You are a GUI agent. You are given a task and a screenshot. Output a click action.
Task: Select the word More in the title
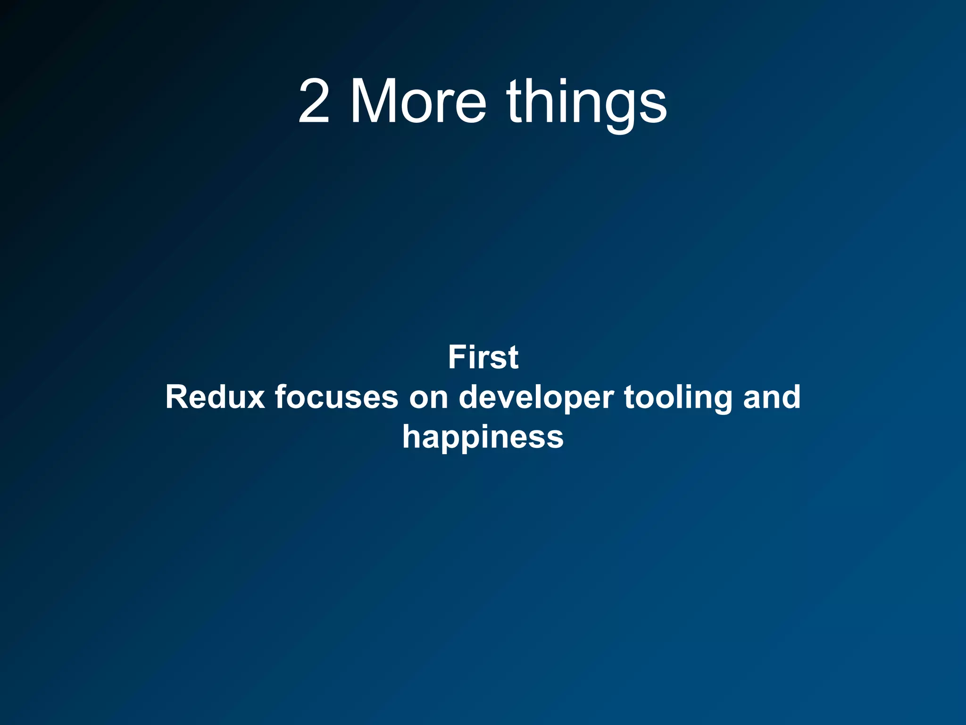(x=418, y=102)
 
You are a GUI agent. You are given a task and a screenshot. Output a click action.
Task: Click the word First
(x=483, y=357)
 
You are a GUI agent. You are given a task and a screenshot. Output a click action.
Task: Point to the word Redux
(x=215, y=397)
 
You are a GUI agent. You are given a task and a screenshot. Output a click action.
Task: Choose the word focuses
(x=337, y=397)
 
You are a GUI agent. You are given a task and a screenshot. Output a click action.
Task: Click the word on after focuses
(x=428, y=397)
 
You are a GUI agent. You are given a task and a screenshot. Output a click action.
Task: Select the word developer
(x=536, y=397)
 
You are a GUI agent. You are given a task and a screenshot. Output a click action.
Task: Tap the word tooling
(x=678, y=397)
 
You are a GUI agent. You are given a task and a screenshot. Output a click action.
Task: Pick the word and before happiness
(x=772, y=397)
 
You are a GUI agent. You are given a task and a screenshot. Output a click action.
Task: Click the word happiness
(x=483, y=437)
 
